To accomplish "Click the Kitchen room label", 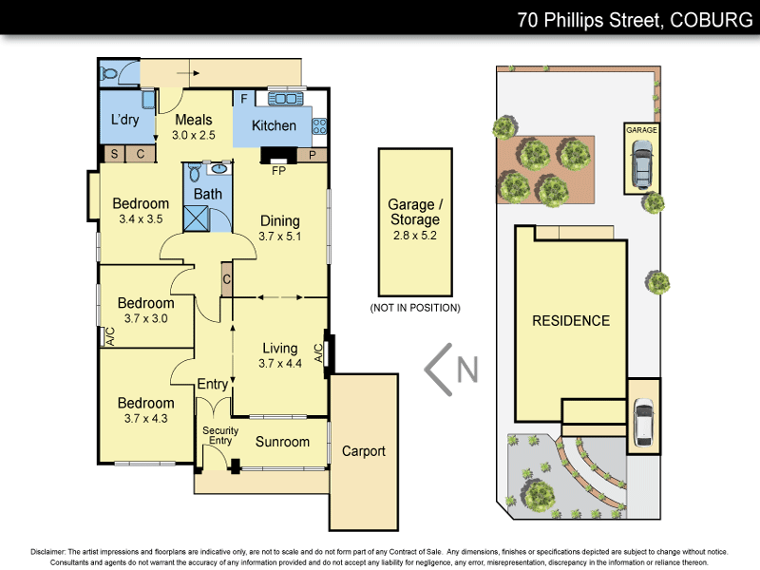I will click(274, 125).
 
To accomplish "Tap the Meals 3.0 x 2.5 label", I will click(194, 127).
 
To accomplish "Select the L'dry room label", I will click(125, 121).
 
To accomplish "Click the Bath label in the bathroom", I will click(208, 194).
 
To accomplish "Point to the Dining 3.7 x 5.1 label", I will click(280, 228).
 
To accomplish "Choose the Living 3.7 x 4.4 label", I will click(278, 355).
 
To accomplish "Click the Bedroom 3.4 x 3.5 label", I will click(141, 211).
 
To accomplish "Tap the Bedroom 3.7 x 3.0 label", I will click(145, 311).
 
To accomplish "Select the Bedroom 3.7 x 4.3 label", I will click(145, 410).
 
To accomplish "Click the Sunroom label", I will click(282, 442).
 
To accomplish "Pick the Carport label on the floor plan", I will click(363, 451).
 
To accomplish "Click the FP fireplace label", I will click(278, 172).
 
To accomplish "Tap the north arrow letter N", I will click(466, 369).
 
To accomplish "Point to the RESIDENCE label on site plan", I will click(570, 321).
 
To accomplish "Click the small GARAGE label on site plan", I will click(641, 130).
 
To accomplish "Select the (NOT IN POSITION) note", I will click(414, 308).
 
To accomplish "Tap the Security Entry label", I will click(219, 435).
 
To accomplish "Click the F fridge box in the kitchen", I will click(244, 98).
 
